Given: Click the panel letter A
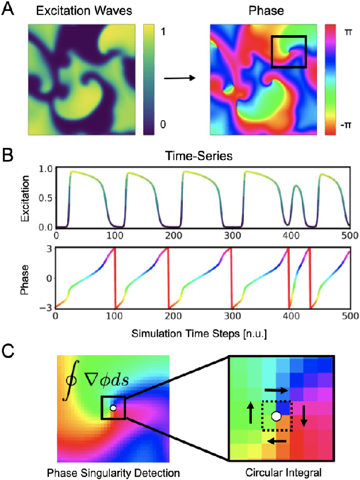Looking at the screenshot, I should click(9, 10).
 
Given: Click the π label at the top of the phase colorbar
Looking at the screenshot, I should click(348, 33).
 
